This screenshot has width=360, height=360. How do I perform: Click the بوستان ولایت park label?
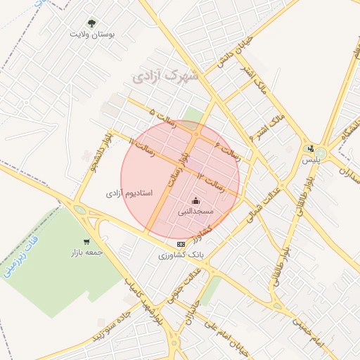click(92, 34)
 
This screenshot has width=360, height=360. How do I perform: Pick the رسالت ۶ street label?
click(226, 147)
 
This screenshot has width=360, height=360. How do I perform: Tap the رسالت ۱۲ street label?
click(210, 181)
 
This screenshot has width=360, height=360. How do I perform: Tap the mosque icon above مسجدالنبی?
click(195, 200)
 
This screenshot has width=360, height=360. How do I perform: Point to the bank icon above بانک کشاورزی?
click(181, 243)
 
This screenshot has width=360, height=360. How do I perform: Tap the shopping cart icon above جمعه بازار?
click(86, 241)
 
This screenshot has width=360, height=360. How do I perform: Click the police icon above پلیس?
click(311, 148)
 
